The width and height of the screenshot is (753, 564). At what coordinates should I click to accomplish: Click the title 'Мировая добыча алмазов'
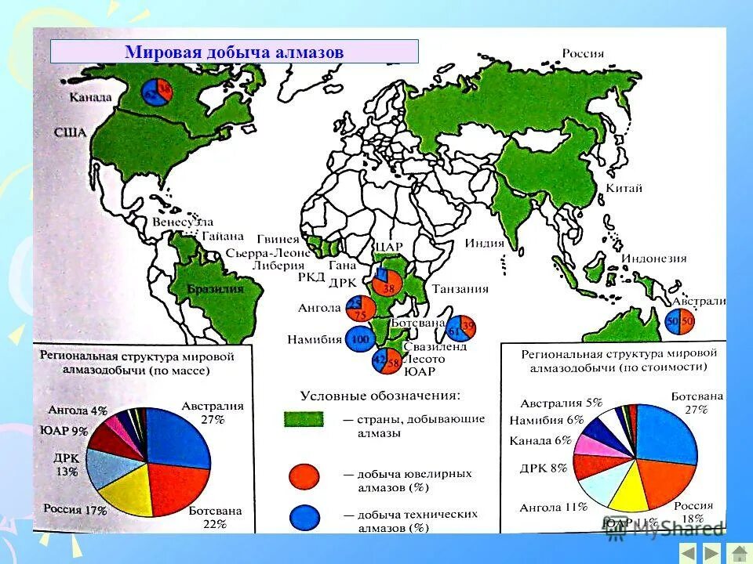pyautogui.click(x=234, y=52)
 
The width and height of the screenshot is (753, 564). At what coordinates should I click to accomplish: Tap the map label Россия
pyautogui.click(x=582, y=53)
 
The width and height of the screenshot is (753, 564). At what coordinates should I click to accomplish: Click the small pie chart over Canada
pyautogui.click(x=157, y=93)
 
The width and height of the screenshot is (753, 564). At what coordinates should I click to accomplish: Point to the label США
pyautogui.click(x=70, y=132)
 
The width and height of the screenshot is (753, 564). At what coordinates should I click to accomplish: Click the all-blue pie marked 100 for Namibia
pyautogui.click(x=360, y=339)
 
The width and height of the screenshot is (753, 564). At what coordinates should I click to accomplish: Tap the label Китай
pyautogui.click(x=624, y=188)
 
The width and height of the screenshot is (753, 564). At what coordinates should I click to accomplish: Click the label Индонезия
pyautogui.click(x=653, y=258)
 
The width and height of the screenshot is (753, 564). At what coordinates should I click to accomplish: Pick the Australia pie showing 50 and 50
pyautogui.click(x=679, y=320)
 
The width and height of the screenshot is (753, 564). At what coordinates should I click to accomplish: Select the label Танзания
pyautogui.click(x=460, y=288)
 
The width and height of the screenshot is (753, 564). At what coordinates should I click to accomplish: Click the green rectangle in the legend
pyautogui.click(x=303, y=419)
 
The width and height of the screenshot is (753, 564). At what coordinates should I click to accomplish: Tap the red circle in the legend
pyautogui.click(x=304, y=475)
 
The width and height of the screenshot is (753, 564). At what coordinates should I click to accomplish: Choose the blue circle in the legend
pyautogui.click(x=304, y=516)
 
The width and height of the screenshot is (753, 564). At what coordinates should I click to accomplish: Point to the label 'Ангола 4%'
pyautogui.click(x=77, y=410)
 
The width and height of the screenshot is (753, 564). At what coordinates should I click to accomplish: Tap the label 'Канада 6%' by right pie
pyautogui.click(x=540, y=440)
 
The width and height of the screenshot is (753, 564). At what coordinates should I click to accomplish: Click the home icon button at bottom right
pyautogui.click(x=737, y=553)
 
